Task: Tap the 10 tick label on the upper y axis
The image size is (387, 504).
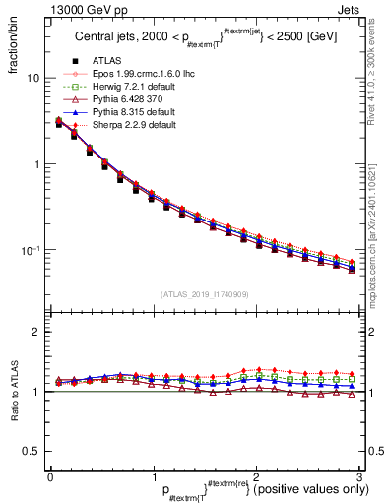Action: coord(32,78)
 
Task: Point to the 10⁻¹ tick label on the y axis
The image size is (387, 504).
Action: coord(31,250)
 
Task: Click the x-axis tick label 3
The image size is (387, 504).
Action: coord(359,477)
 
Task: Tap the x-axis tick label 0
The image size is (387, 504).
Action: coord(50,477)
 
